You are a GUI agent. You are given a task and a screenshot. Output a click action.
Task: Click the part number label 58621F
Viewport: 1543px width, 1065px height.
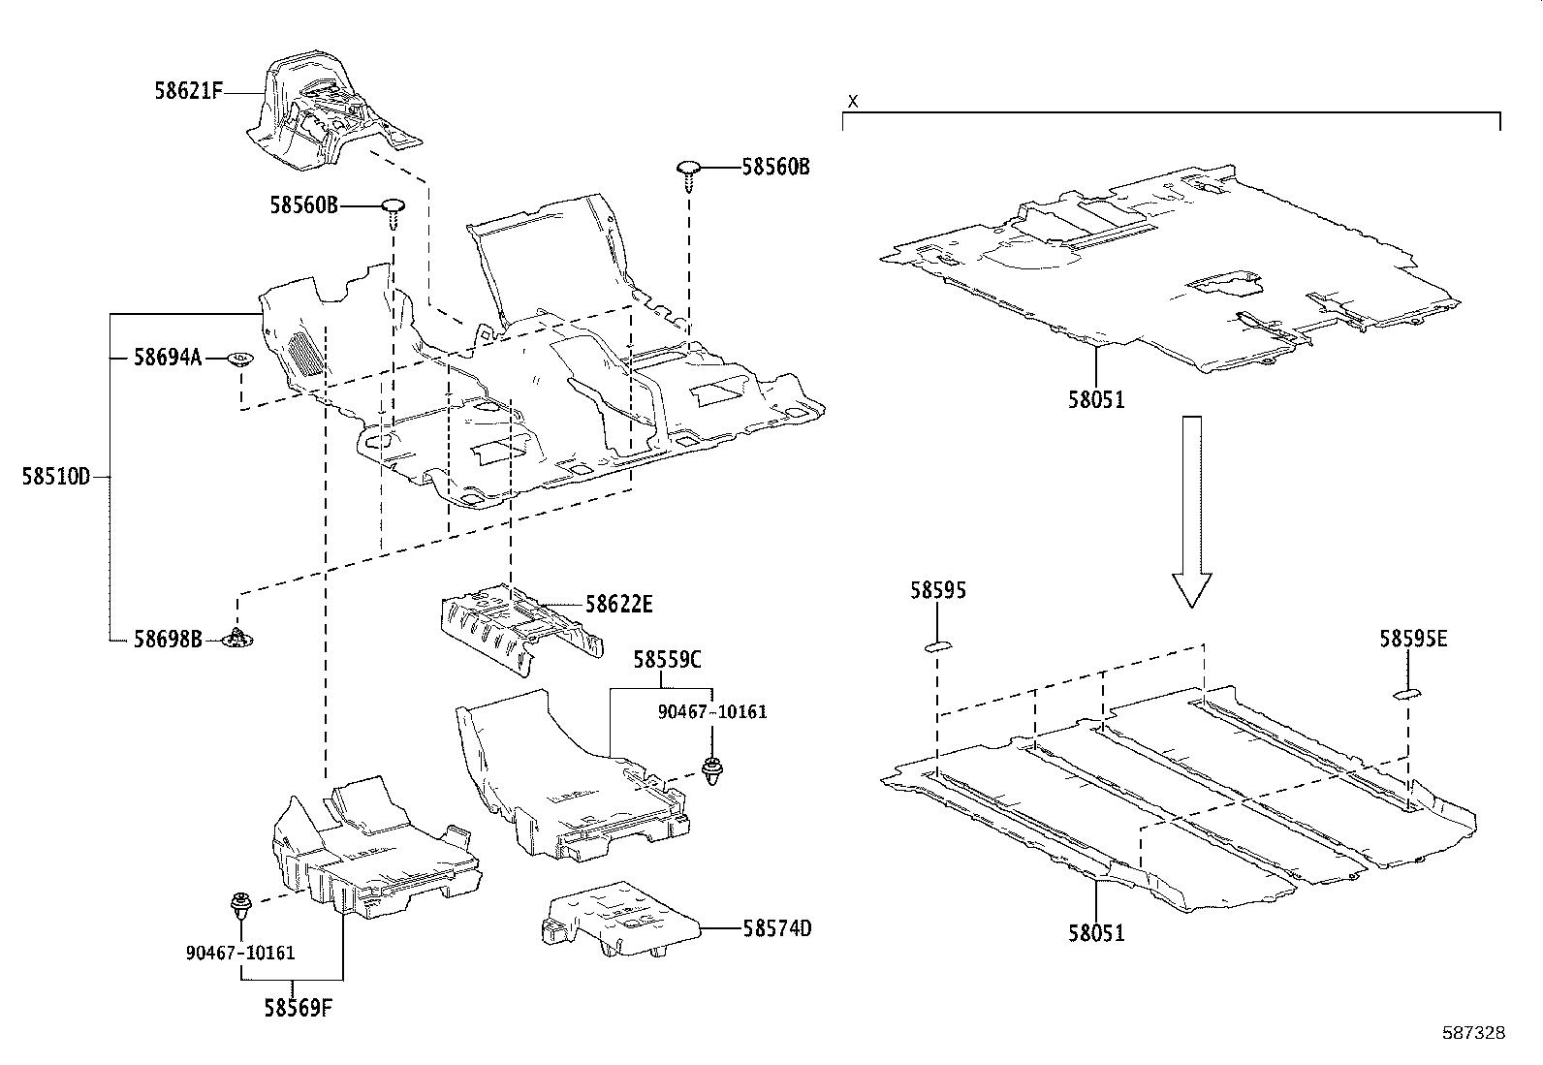(188, 92)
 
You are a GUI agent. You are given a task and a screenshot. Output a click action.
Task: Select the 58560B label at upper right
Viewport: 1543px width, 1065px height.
(775, 167)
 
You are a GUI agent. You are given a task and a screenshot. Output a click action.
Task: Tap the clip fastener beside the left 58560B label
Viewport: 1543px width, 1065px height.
(393, 208)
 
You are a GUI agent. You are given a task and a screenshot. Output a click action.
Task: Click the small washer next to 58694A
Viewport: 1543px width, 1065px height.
(239, 360)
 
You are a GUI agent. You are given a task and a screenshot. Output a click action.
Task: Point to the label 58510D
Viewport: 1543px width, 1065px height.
(55, 477)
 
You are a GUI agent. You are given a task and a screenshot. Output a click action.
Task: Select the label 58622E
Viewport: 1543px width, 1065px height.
(618, 605)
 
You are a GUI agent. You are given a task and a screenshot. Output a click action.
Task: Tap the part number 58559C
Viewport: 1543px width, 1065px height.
(668, 660)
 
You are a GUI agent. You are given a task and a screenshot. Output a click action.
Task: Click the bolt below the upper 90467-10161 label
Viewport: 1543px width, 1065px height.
(713, 768)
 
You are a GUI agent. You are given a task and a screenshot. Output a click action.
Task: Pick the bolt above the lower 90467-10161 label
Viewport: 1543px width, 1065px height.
(239, 907)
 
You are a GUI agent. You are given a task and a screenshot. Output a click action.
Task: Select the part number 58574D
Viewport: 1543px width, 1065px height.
(776, 928)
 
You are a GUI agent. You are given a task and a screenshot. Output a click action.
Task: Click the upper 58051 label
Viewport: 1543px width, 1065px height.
(1096, 399)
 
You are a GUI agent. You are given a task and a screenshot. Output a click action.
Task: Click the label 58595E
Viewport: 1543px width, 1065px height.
(1413, 640)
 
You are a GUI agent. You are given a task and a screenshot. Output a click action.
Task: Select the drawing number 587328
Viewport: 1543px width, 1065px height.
(1473, 1034)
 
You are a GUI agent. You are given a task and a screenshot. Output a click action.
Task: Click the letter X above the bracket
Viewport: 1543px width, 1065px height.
(853, 101)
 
